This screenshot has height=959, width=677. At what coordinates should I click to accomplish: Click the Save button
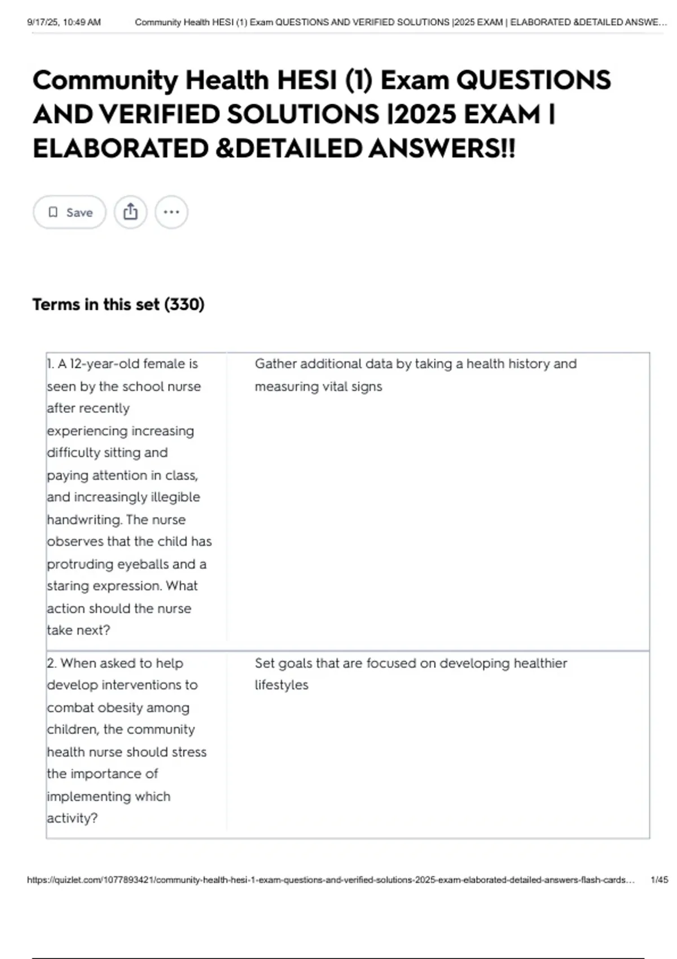69,213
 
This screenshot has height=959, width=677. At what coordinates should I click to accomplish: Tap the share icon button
130,212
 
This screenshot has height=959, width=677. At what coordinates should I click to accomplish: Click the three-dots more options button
171,212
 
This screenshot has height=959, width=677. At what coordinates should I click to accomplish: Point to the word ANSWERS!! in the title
442,149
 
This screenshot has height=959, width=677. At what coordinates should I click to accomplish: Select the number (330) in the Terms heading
184,305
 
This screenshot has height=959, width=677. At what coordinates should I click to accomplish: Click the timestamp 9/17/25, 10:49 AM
64,23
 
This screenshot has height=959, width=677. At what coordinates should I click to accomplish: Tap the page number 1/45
659,879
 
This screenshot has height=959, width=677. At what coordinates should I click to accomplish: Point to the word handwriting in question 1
85,520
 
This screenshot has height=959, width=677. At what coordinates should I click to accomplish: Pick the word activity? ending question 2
72,818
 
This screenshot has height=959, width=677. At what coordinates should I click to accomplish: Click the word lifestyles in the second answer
282,685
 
